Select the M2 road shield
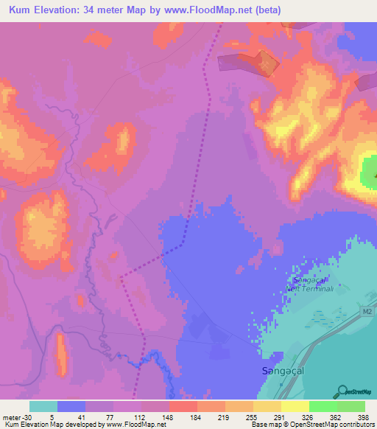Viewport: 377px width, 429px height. (367, 313)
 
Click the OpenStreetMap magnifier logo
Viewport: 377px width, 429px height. (342, 390)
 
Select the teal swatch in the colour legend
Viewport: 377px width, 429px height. (43, 406)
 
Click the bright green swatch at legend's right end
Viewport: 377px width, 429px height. (351, 406)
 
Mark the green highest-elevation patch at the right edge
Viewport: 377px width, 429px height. (369, 172)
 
